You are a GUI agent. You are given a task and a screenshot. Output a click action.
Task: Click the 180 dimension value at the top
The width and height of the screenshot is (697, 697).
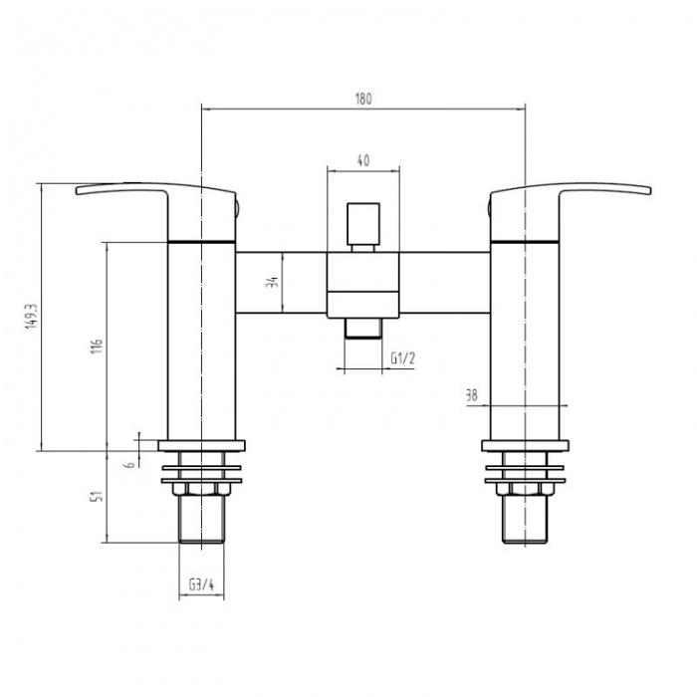tap(362, 99)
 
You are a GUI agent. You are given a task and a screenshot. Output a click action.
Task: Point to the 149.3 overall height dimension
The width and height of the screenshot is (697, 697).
tap(32, 317)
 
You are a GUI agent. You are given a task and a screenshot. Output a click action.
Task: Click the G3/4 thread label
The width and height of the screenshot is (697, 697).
tap(200, 585)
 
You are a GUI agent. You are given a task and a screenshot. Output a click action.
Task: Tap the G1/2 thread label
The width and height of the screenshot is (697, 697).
tap(403, 358)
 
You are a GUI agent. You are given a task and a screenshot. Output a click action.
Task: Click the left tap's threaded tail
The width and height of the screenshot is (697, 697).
tap(200, 520)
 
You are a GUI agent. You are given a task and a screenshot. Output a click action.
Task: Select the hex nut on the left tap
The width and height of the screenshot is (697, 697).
tap(200, 489)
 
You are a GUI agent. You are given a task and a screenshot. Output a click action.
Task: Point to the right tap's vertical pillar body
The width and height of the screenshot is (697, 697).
tap(525, 339)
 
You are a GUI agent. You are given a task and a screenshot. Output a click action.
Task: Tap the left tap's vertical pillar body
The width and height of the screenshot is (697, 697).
tap(200, 339)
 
